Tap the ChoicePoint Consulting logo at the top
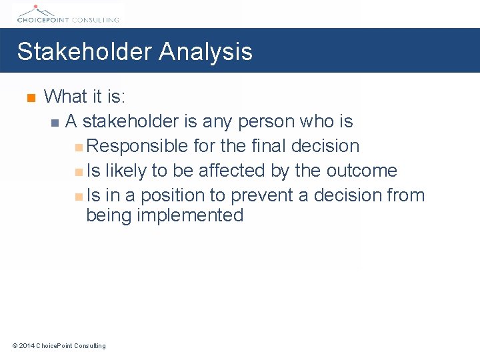coord(67,13)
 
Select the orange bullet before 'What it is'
coord(29,99)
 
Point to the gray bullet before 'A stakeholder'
coord(55,123)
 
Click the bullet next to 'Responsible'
coord(79,147)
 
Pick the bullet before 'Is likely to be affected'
coord(79,172)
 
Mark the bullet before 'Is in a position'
coord(79,197)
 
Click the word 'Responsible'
coord(137,146)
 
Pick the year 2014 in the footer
coord(27,345)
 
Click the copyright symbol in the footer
coord(15,345)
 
